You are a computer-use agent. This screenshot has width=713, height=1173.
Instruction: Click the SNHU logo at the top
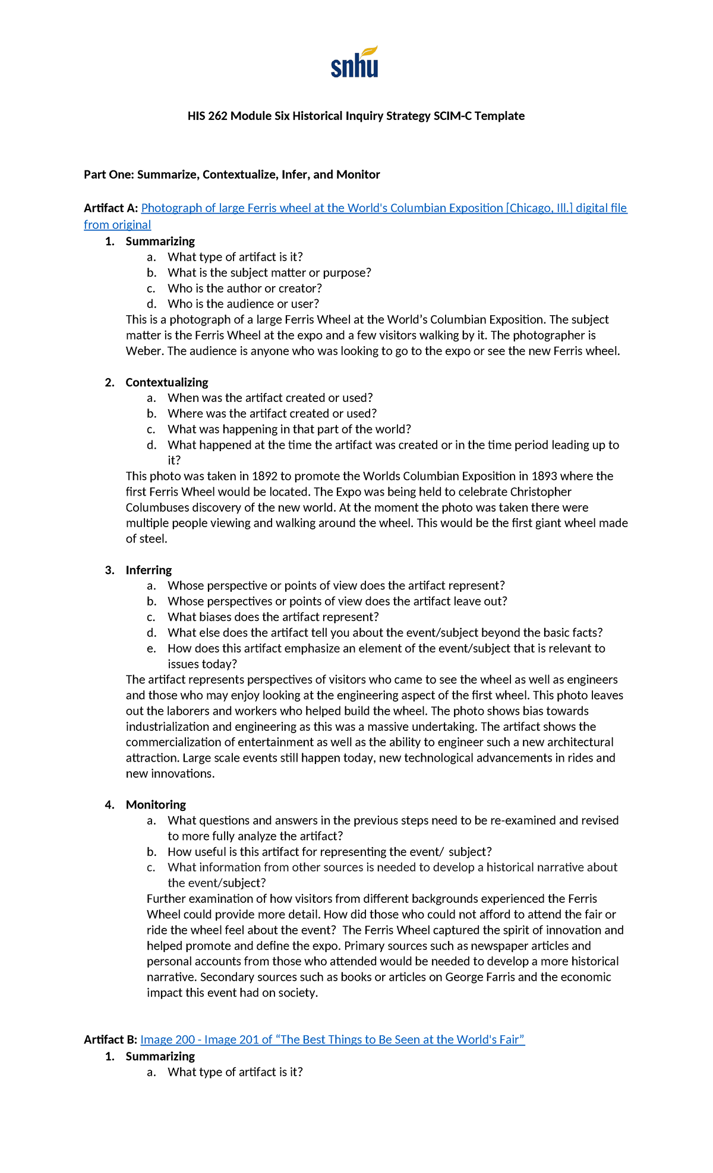point(355,62)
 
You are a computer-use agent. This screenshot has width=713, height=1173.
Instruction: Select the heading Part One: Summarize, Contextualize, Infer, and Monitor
point(232,175)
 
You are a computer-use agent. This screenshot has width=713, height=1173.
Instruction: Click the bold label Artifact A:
point(111,208)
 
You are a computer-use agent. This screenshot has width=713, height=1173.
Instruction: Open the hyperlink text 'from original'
point(117,224)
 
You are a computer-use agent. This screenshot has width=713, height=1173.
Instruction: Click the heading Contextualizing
point(166,382)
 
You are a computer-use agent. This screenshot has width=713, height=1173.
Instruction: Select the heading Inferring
point(149,570)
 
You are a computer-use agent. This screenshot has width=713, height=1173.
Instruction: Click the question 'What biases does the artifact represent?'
point(273,617)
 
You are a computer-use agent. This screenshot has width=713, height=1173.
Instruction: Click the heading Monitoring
point(156,804)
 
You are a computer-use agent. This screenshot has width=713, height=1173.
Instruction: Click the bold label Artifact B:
point(111,1039)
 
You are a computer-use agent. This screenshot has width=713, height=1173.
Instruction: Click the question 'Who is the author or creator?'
point(244,288)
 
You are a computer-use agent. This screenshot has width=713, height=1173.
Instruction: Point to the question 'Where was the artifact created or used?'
point(272,413)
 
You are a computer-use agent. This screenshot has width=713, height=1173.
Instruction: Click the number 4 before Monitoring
point(109,804)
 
